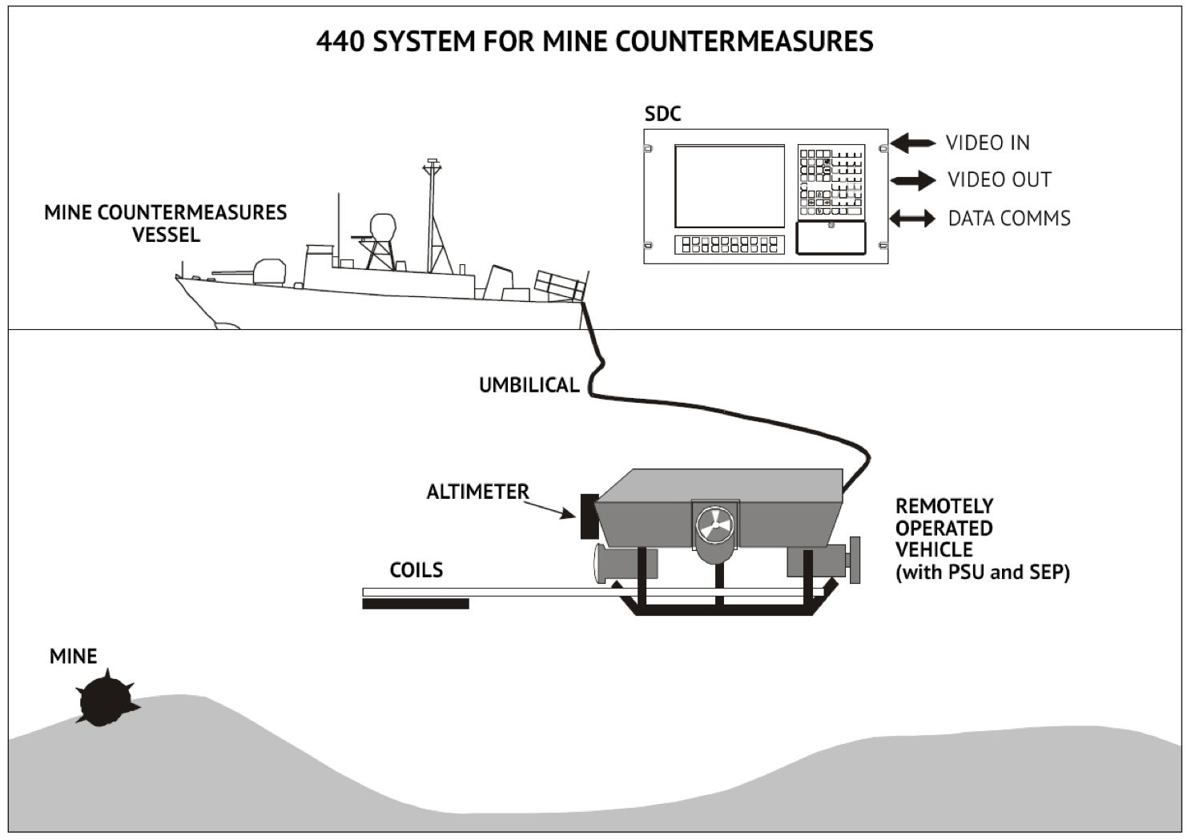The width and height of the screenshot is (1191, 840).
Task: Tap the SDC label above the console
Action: [x=662, y=114]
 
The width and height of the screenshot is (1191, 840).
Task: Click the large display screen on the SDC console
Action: [x=729, y=187]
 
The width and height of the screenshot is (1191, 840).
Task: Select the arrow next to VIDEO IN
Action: [x=913, y=143]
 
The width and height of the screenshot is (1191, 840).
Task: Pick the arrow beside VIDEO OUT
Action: [x=913, y=180]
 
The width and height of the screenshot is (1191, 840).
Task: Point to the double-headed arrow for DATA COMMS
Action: [x=913, y=218]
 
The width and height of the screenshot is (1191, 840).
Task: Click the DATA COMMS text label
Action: [x=1009, y=218]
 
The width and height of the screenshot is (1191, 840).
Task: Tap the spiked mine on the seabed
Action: [x=103, y=701]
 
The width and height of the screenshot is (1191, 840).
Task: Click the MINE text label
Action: [x=73, y=657]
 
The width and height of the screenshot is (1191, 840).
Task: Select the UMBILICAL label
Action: [x=529, y=385]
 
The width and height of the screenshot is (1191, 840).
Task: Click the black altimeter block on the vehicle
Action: [x=589, y=516]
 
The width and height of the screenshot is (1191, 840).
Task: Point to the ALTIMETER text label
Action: [x=477, y=492]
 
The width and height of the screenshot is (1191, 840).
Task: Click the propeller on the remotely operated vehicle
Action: [x=714, y=525]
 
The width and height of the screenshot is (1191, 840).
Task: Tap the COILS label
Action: [x=416, y=570]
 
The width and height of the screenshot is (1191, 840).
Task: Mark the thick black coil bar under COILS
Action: [x=415, y=604]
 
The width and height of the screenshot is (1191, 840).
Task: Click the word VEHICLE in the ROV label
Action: [x=934, y=550]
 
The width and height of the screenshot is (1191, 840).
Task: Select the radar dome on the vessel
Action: [x=383, y=227]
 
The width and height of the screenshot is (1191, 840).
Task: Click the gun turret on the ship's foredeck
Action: [x=269, y=271]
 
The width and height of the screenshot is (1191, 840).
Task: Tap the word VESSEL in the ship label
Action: [x=166, y=235]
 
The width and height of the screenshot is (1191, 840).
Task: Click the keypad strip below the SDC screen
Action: [x=729, y=244]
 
